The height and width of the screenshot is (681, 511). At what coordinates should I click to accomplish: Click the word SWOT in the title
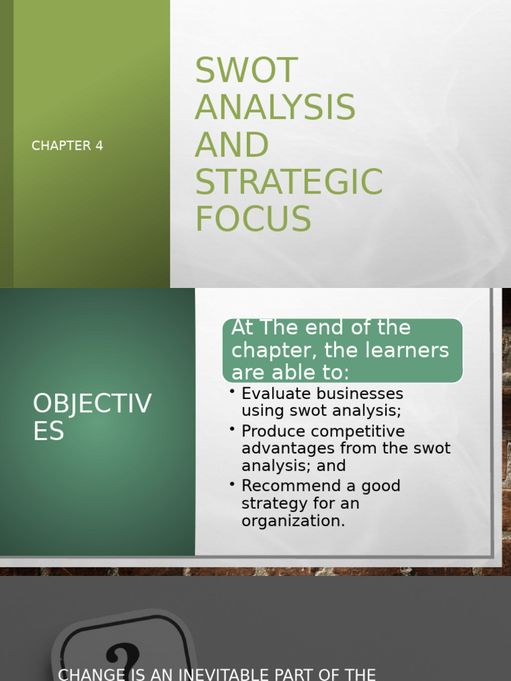246,70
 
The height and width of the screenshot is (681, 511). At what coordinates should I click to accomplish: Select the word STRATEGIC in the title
288,182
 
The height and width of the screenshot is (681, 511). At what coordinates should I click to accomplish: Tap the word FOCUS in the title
253,219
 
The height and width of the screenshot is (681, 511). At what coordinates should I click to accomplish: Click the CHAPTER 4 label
67,146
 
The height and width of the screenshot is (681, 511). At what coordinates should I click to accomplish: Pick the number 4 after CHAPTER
99,146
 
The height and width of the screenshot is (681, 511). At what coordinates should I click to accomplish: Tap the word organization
293,521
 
